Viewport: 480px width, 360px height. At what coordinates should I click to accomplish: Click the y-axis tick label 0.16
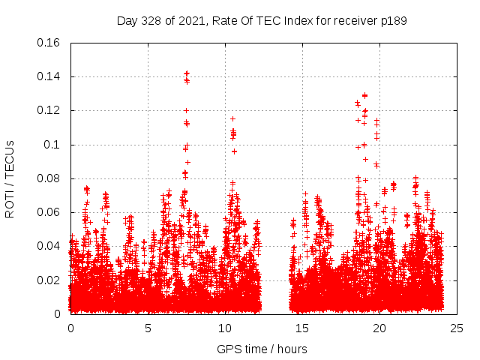click(49, 43)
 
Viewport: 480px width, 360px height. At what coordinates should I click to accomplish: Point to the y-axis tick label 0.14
click(49, 76)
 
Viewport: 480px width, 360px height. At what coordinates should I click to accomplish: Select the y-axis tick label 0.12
click(49, 110)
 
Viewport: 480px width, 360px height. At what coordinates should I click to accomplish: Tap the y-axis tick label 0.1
click(52, 145)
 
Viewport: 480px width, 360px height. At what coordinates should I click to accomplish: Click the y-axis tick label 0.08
click(49, 178)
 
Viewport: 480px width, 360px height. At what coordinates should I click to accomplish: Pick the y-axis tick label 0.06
click(49, 212)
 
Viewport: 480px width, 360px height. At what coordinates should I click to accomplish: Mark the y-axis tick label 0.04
click(49, 246)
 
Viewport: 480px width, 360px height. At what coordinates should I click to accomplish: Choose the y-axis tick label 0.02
click(49, 280)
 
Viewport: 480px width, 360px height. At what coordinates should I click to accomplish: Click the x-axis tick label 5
click(148, 328)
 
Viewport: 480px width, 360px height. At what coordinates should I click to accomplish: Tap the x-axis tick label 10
click(225, 328)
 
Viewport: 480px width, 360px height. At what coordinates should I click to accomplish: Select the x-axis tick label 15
click(302, 328)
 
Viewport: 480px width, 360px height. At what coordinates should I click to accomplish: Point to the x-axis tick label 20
click(379, 328)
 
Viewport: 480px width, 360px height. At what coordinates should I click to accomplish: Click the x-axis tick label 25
click(457, 328)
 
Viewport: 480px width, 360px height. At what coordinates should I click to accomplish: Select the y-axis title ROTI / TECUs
click(10, 178)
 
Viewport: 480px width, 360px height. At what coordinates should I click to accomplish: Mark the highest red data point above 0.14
click(187, 73)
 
